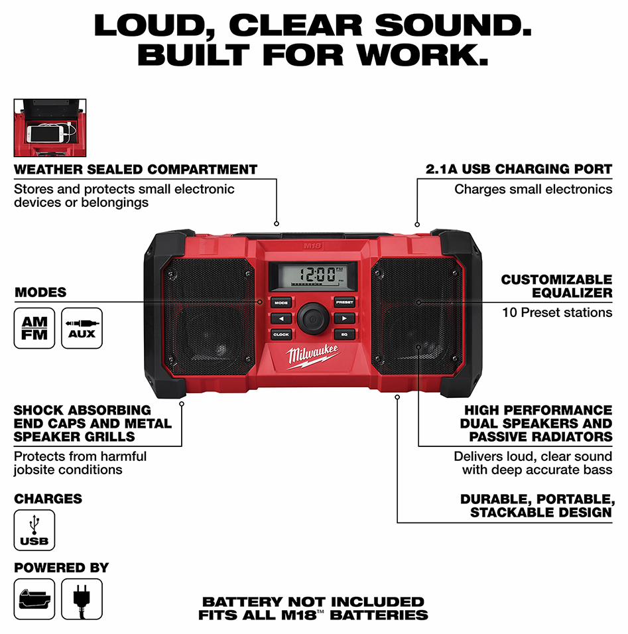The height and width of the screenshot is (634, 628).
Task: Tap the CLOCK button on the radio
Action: tap(281, 334)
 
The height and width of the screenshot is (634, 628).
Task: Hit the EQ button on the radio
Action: tap(345, 334)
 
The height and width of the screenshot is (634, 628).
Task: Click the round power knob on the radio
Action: tap(313, 318)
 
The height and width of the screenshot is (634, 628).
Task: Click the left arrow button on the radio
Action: tap(281, 318)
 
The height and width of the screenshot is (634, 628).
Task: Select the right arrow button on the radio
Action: tap(345, 318)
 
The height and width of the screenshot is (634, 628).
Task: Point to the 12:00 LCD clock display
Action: tap(313, 276)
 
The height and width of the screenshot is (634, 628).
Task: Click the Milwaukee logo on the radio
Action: tap(312, 356)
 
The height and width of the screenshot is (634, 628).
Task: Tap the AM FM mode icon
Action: tap(34, 328)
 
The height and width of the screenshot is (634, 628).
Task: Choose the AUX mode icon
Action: tap(82, 328)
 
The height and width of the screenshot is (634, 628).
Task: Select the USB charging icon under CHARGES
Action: tap(34, 530)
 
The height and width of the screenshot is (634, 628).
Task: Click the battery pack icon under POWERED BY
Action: tap(34, 599)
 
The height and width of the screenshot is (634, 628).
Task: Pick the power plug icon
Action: tap(82, 599)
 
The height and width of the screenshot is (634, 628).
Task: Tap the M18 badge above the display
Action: tap(312, 246)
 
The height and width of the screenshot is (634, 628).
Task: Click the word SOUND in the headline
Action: tap(453, 25)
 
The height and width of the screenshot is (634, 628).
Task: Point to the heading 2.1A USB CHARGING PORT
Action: tap(519, 169)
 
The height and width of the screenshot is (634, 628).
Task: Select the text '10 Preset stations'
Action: tap(557, 312)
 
